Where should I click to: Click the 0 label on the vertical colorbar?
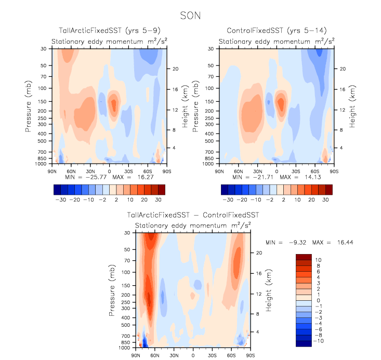(x=318, y=301)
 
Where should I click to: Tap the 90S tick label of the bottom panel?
(x=251, y=355)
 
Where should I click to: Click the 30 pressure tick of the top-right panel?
(x=213, y=49)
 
